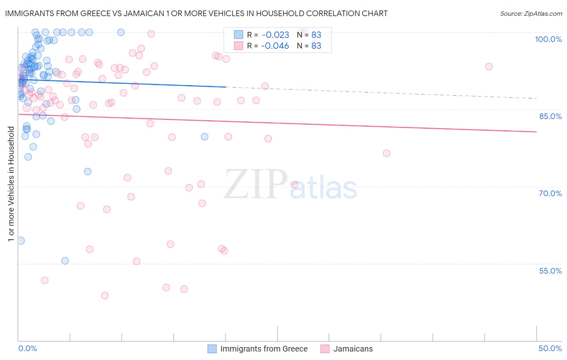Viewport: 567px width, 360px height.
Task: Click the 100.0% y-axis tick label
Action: click(548, 39)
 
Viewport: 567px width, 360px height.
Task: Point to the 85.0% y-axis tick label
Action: click(550, 116)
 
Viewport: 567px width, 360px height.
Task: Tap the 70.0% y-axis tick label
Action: click(550, 193)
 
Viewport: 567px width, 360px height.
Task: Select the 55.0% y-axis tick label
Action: click(550, 271)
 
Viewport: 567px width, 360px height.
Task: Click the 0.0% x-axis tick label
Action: click(27, 348)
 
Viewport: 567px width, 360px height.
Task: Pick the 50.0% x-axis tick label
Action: click(550, 348)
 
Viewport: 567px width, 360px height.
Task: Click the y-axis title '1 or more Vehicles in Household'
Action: click(11, 184)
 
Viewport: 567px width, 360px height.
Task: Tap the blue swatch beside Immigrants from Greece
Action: click(212, 349)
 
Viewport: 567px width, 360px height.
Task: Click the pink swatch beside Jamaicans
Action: click(325, 349)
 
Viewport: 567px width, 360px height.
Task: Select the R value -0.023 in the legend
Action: click(275, 35)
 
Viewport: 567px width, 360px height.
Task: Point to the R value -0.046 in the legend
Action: click(275, 46)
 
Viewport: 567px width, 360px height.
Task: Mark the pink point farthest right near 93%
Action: click(489, 67)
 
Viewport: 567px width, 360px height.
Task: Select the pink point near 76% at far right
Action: click(386, 153)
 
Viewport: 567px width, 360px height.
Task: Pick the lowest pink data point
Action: click(105, 295)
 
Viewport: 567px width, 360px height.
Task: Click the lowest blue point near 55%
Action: click(65, 261)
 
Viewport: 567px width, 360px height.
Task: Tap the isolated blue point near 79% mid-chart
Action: click(204, 137)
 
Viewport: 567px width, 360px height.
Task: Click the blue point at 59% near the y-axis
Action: click(21, 241)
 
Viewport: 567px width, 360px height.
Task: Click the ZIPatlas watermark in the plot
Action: click(290, 185)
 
